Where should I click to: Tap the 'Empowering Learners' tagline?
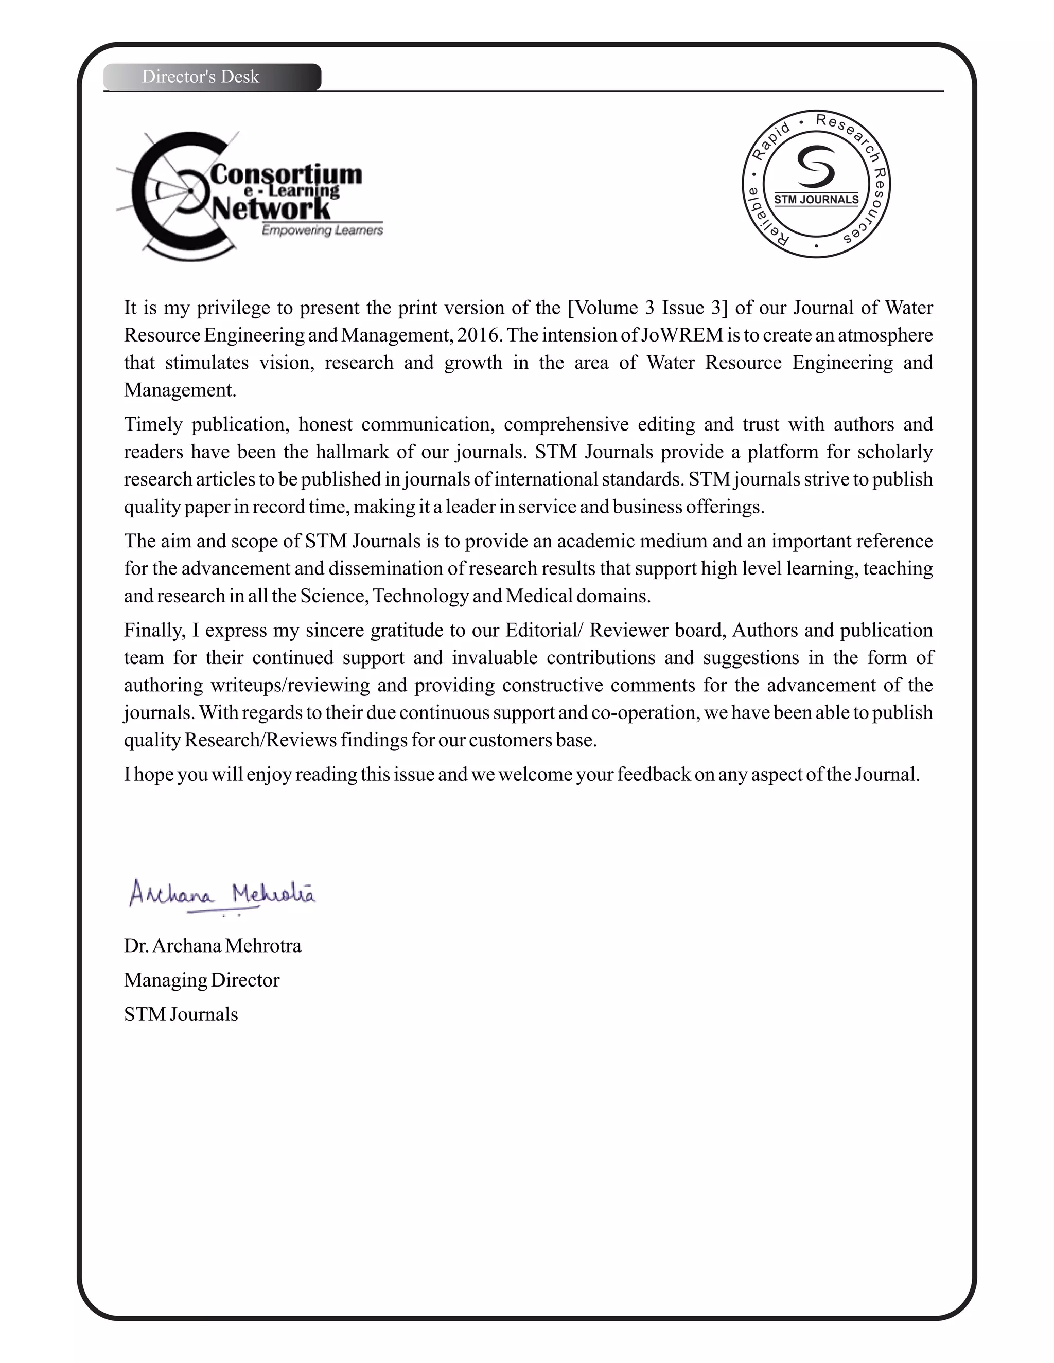[x=322, y=230]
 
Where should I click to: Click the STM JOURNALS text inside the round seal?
[x=816, y=200]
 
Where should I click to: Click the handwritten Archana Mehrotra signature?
[x=222, y=894]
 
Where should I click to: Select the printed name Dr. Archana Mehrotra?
[x=213, y=945]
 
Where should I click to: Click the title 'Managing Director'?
[x=202, y=980]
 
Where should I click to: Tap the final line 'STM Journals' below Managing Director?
[x=181, y=1014]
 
